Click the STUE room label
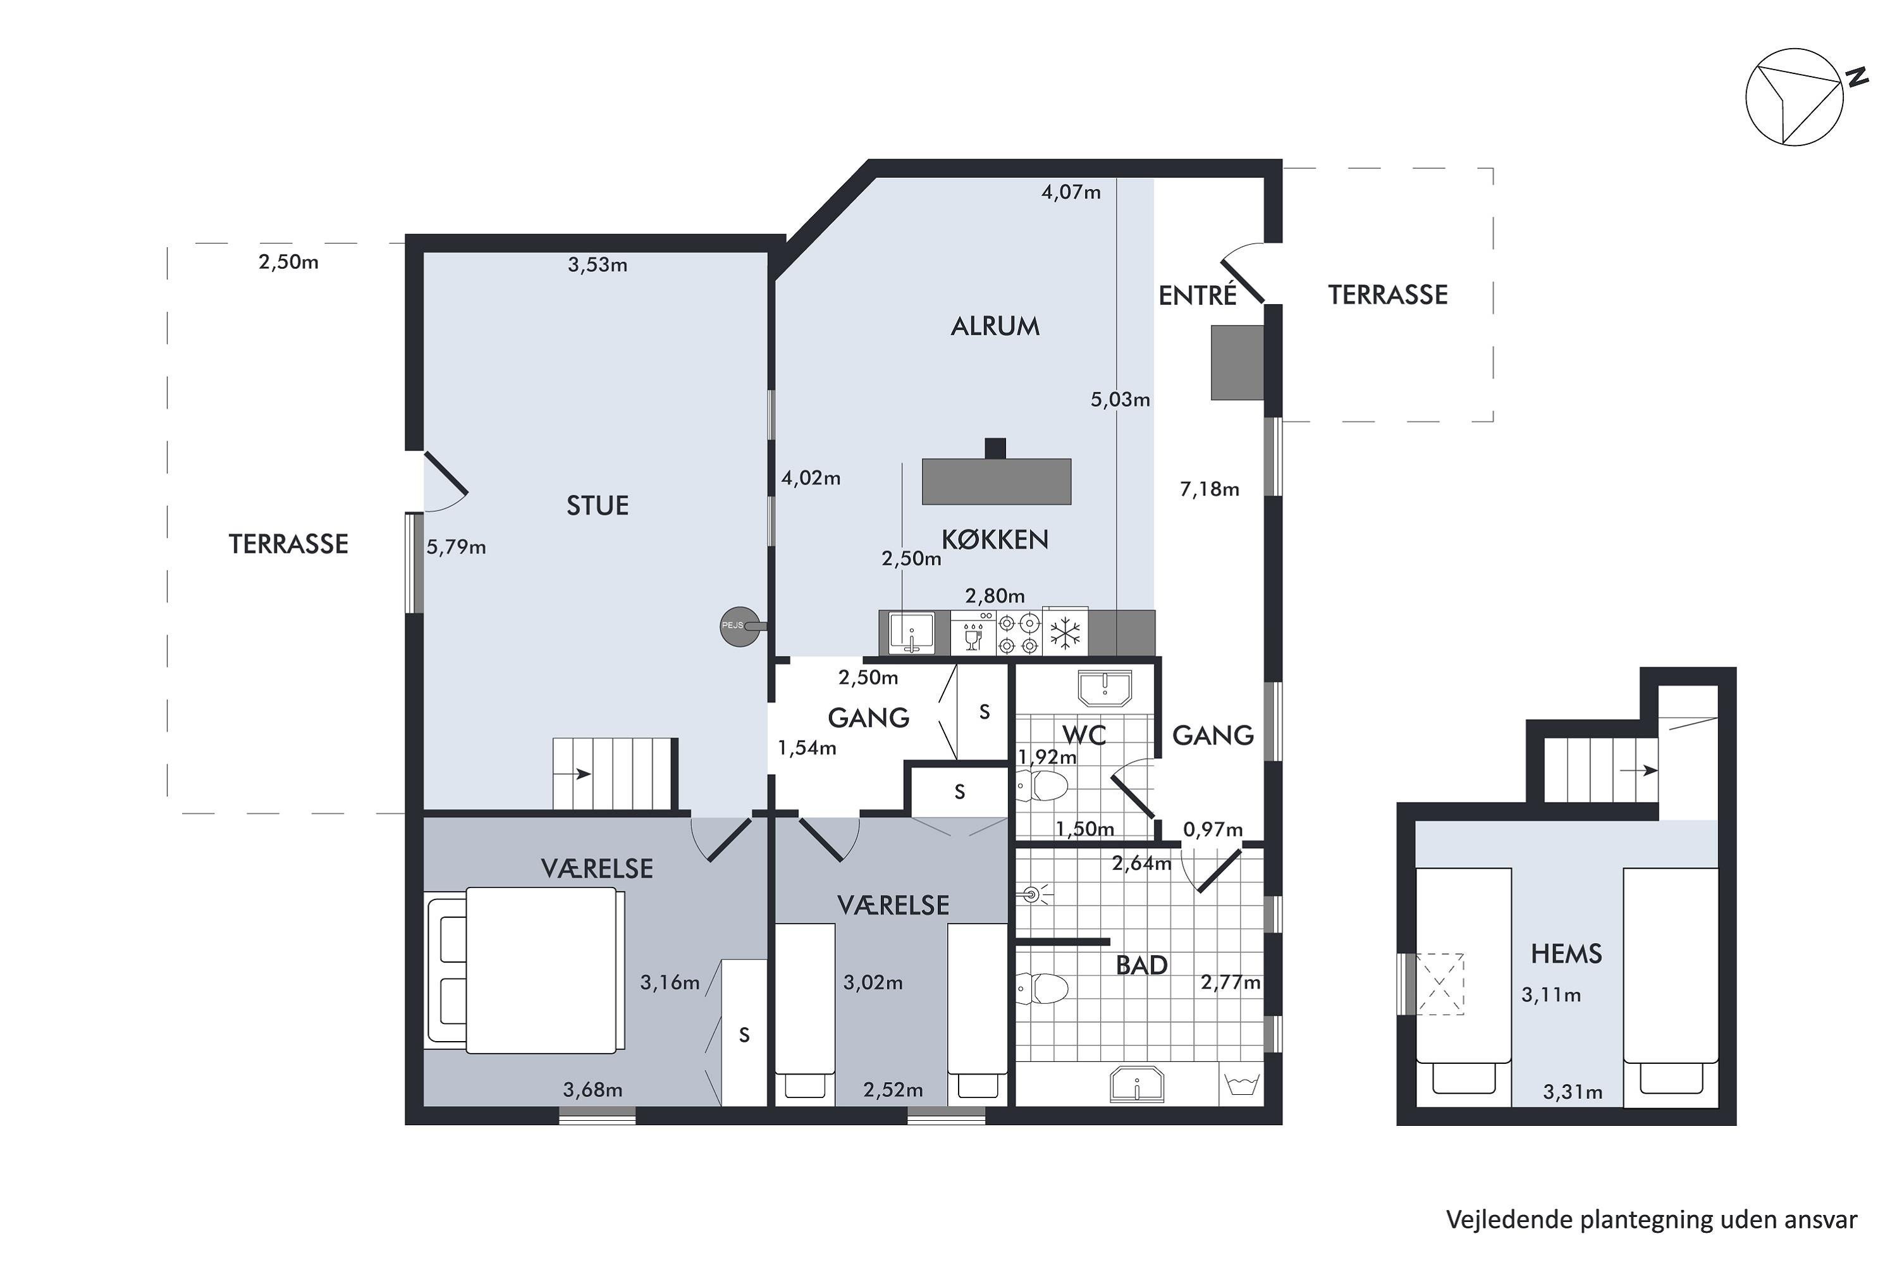[x=597, y=506]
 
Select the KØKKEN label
[x=995, y=539]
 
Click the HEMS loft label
[x=1566, y=954]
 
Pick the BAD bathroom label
[x=1141, y=965]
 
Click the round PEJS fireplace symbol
[x=740, y=626]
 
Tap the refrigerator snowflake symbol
[x=1065, y=633]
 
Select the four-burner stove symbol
[x=1019, y=633]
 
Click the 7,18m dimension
[x=1209, y=489]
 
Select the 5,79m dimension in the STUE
[x=456, y=547]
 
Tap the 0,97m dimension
[x=1212, y=829]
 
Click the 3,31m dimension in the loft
[x=1572, y=1092]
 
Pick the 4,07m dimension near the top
[x=1071, y=192]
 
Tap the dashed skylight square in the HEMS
[x=1440, y=984]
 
